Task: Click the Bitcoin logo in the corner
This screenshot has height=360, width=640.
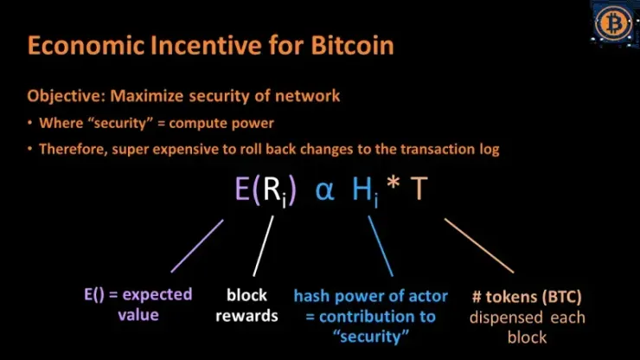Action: pyautogui.click(x=613, y=22)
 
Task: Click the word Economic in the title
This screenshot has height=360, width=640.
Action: pyautogui.click(x=86, y=45)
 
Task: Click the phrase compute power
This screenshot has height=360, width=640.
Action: pyautogui.click(x=221, y=124)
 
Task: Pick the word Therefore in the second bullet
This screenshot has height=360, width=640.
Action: pyautogui.click(x=74, y=149)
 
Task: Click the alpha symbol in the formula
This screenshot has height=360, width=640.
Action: pyautogui.click(x=325, y=190)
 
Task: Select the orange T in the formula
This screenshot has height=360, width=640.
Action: pyautogui.click(x=419, y=189)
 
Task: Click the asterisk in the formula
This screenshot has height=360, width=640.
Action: pyautogui.click(x=393, y=182)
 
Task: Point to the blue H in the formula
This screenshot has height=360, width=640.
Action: pyautogui.click(x=362, y=189)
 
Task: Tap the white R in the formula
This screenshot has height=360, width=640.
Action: pyautogui.click(x=272, y=189)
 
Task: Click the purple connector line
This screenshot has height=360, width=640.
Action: pyautogui.click(x=197, y=246)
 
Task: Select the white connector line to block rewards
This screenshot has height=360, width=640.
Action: pyautogui.click(x=263, y=246)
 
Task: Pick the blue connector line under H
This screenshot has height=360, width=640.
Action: pyautogui.click(x=381, y=246)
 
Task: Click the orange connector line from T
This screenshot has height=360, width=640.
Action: pyautogui.click(x=479, y=246)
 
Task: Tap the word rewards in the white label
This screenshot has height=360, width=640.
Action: pyautogui.click(x=246, y=316)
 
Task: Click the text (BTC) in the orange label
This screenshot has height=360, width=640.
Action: pyautogui.click(x=562, y=297)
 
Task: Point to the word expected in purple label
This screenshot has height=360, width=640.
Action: pyautogui.click(x=157, y=295)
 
